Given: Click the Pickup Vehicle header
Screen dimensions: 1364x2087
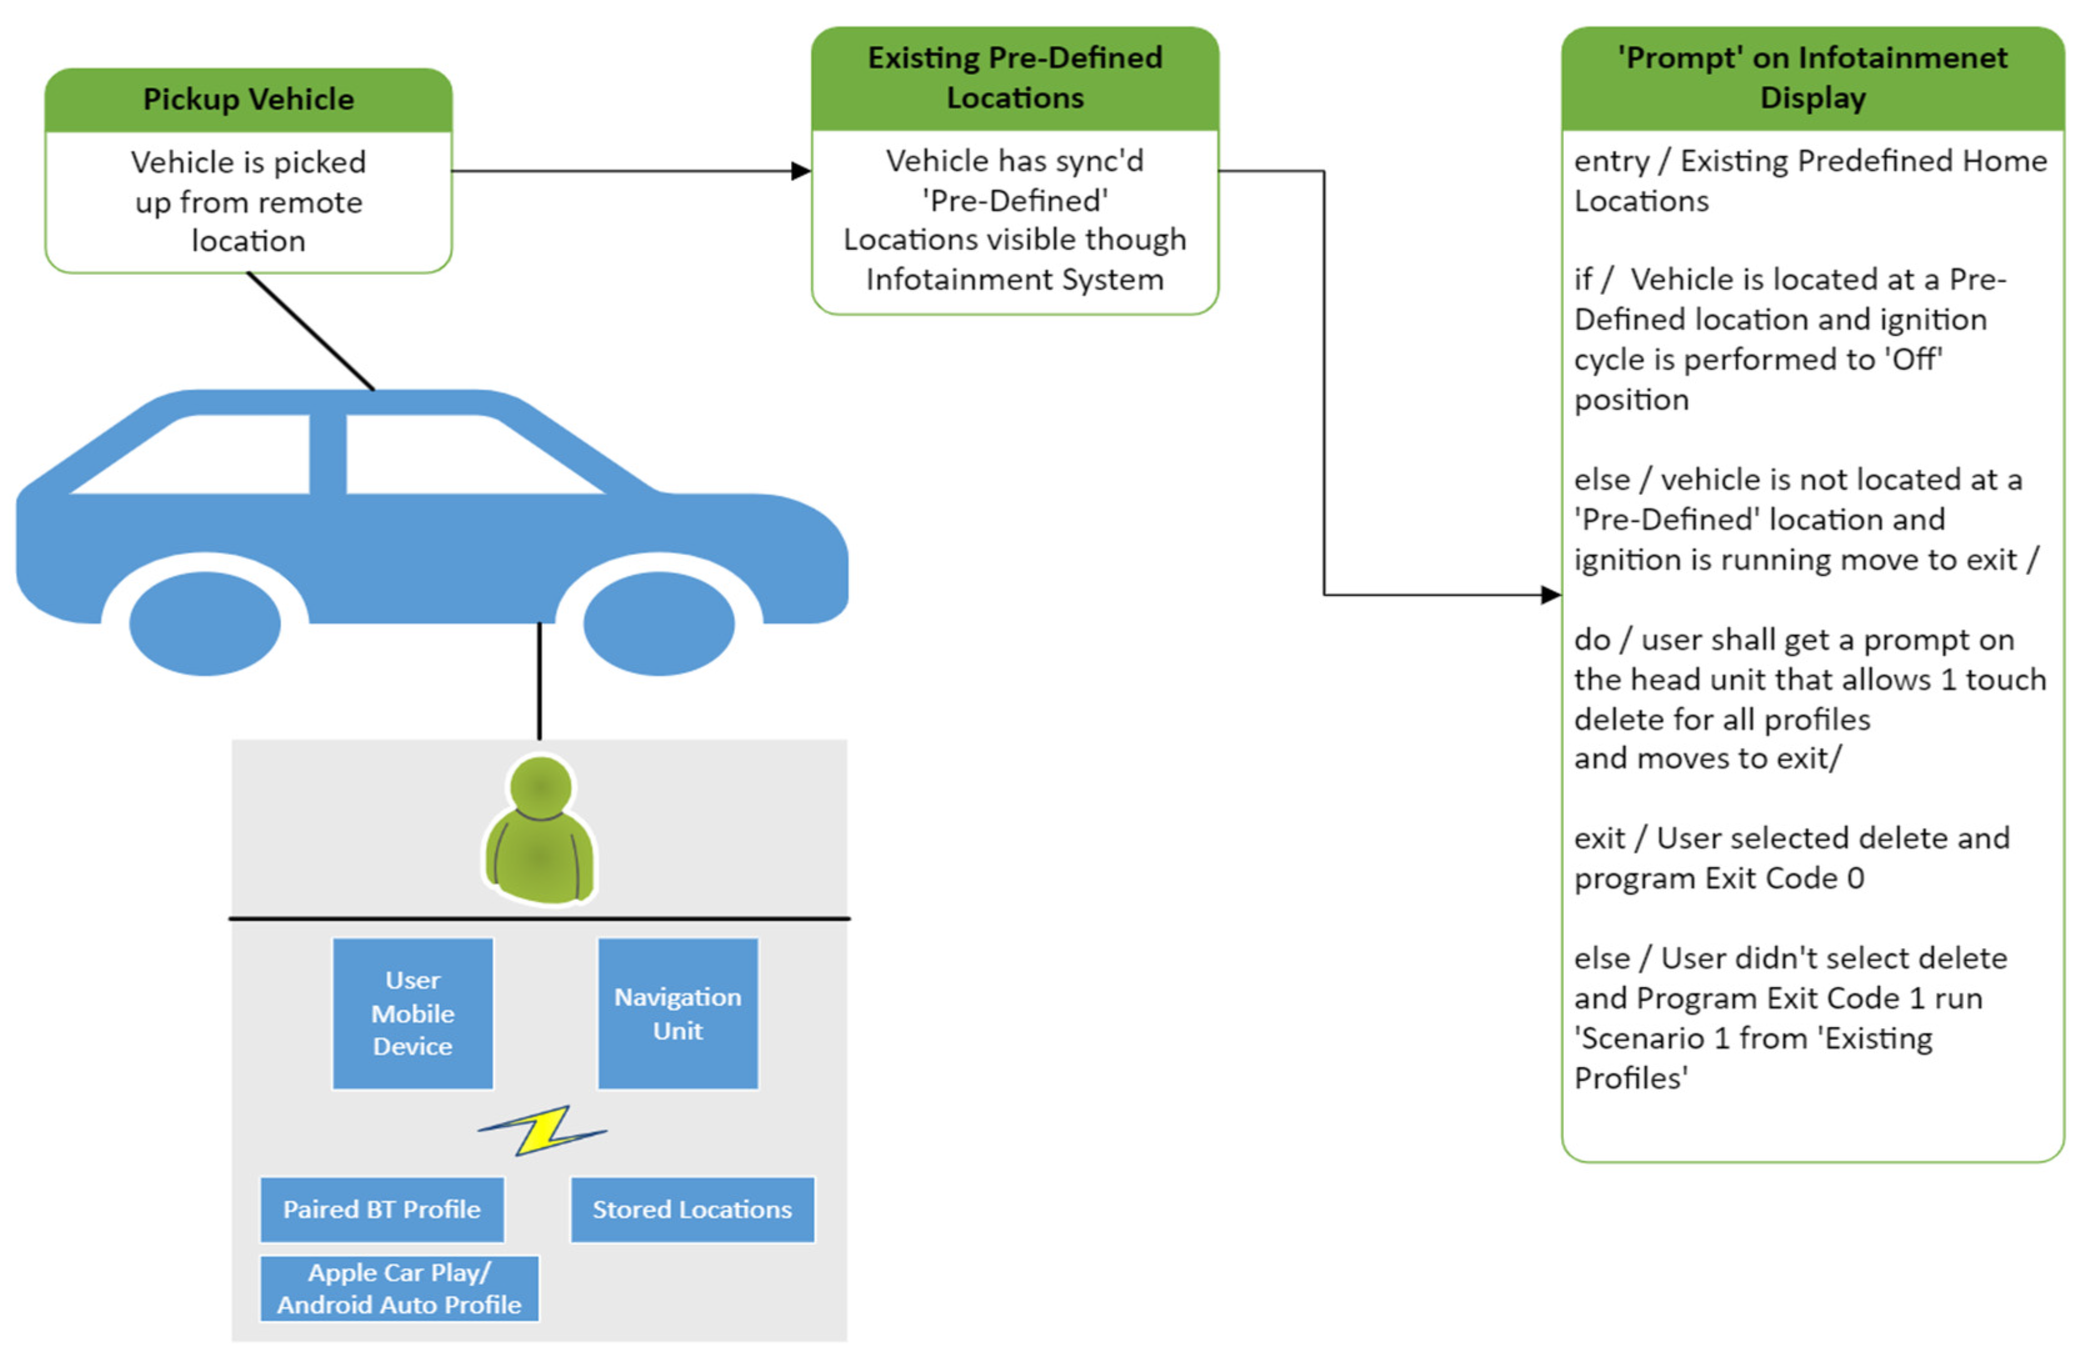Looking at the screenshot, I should tap(248, 100).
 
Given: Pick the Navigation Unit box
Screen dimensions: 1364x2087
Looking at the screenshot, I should tap(678, 1013).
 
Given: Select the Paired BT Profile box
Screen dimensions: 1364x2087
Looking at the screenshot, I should tap(381, 1210).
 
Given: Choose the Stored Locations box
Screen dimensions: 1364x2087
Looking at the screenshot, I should tap(692, 1210).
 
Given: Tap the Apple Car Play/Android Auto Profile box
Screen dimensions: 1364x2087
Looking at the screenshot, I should tap(399, 1288).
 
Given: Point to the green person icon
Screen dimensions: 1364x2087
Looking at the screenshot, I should tap(540, 829).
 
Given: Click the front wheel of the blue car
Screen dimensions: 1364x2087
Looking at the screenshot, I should tap(659, 624).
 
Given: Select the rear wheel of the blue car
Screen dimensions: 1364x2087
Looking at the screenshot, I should tap(204, 624).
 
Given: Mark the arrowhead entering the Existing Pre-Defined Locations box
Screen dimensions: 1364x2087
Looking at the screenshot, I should tap(801, 171).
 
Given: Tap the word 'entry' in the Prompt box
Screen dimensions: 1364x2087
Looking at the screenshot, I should tap(1606, 161).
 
